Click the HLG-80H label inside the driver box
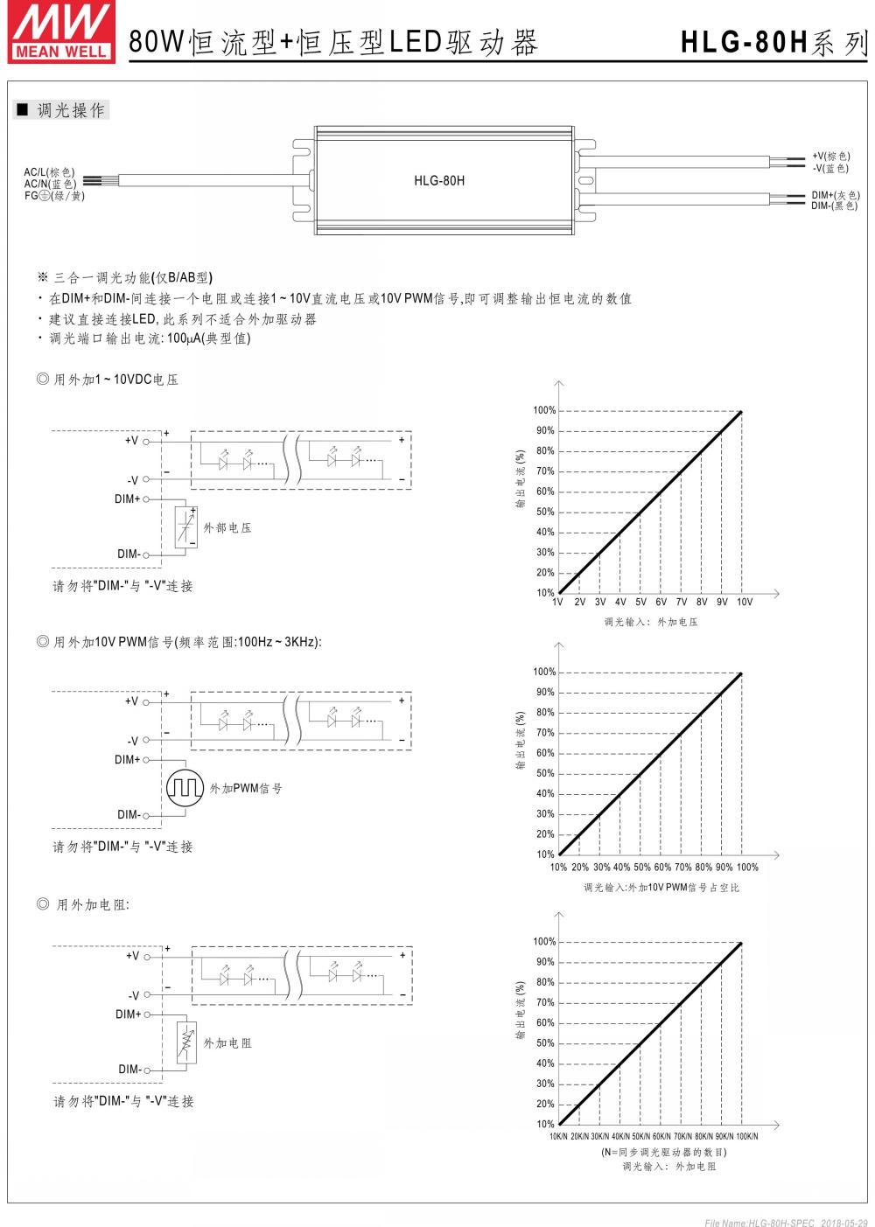(439, 181)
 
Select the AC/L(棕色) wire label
(50, 172)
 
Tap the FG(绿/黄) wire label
(54, 195)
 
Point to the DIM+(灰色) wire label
(835, 195)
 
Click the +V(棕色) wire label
(831, 157)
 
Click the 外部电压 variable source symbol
(185, 527)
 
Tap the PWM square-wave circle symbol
(185, 787)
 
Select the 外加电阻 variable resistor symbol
(185, 1042)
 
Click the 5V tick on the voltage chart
(640, 603)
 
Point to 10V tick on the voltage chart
(744, 603)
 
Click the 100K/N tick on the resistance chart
(746, 1136)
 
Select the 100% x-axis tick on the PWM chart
(747, 868)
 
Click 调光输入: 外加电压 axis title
(650, 622)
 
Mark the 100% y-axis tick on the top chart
(544, 411)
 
